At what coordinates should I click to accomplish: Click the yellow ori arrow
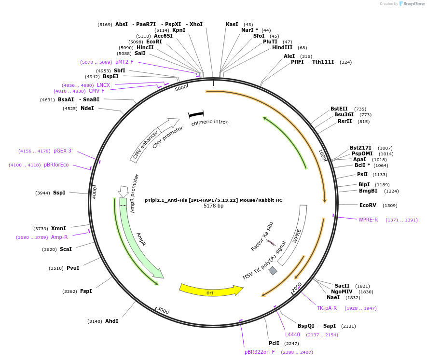[x=210, y=290]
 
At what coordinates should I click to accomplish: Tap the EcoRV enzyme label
[x=368, y=205]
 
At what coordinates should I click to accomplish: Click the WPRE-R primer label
[x=368, y=220]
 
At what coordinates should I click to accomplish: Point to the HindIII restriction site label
[x=282, y=47]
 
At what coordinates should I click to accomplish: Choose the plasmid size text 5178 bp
[x=213, y=206]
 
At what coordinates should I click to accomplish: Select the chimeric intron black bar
[x=196, y=114]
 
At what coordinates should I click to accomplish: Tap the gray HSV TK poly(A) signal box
[x=273, y=271]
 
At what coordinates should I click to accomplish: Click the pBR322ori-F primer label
[x=260, y=352]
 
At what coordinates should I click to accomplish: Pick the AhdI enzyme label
[x=111, y=321]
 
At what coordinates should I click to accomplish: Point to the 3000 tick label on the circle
[x=163, y=311]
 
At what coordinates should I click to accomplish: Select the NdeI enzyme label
[x=87, y=108]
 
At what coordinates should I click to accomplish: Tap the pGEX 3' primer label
[x=63, y=151]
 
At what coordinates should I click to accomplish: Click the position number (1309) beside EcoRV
[x=390, y=206]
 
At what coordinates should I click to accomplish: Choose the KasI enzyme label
[x=232, y=24]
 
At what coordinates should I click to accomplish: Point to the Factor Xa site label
[x=262, y=236]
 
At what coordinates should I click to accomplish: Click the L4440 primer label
[x=292, y=334]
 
